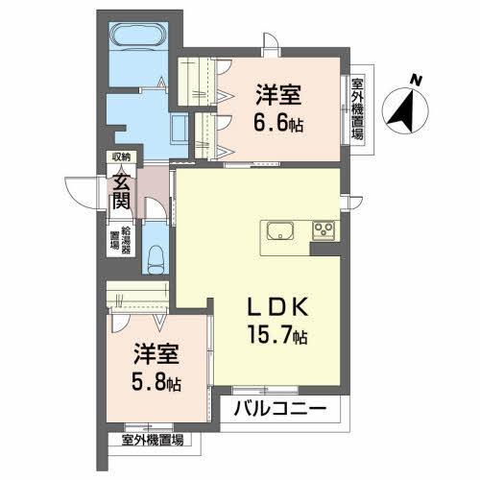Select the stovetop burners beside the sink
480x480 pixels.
(323, 230)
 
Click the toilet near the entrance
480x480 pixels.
(157, 257)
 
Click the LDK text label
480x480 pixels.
(277, 309)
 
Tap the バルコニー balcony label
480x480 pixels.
(286, 410)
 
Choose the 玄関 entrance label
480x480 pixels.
(120, 189)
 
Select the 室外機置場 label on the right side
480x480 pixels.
(357, 108)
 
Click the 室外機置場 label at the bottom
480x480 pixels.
(154, 441)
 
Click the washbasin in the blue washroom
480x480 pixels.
(178, 128)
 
